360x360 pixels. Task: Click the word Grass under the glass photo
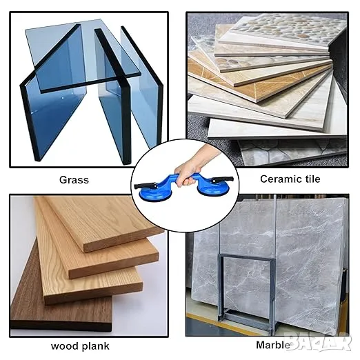[x=74, y=180]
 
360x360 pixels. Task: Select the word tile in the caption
[x=311, y=179]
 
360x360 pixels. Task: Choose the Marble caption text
[x=273, y=346]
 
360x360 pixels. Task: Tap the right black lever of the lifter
[x=223, y=179]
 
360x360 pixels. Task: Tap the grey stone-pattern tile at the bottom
[x=292, y=152]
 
